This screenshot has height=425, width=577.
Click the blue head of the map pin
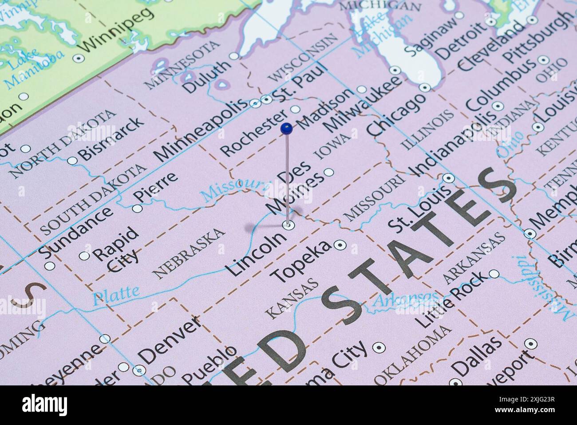(287, 128)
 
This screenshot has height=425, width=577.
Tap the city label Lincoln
(257, 254)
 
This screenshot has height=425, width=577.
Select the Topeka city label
(301, 262)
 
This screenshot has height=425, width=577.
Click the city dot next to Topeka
(340, 244)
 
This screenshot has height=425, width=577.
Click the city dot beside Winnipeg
(79, 58)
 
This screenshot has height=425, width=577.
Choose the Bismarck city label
(111, 138)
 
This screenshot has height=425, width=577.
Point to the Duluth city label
(207, 76)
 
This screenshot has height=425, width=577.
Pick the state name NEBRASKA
(189, 253)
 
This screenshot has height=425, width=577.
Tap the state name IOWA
(332, 146)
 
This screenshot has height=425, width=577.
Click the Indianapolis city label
(452, 143)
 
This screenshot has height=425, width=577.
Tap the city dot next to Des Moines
(328, 172)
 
